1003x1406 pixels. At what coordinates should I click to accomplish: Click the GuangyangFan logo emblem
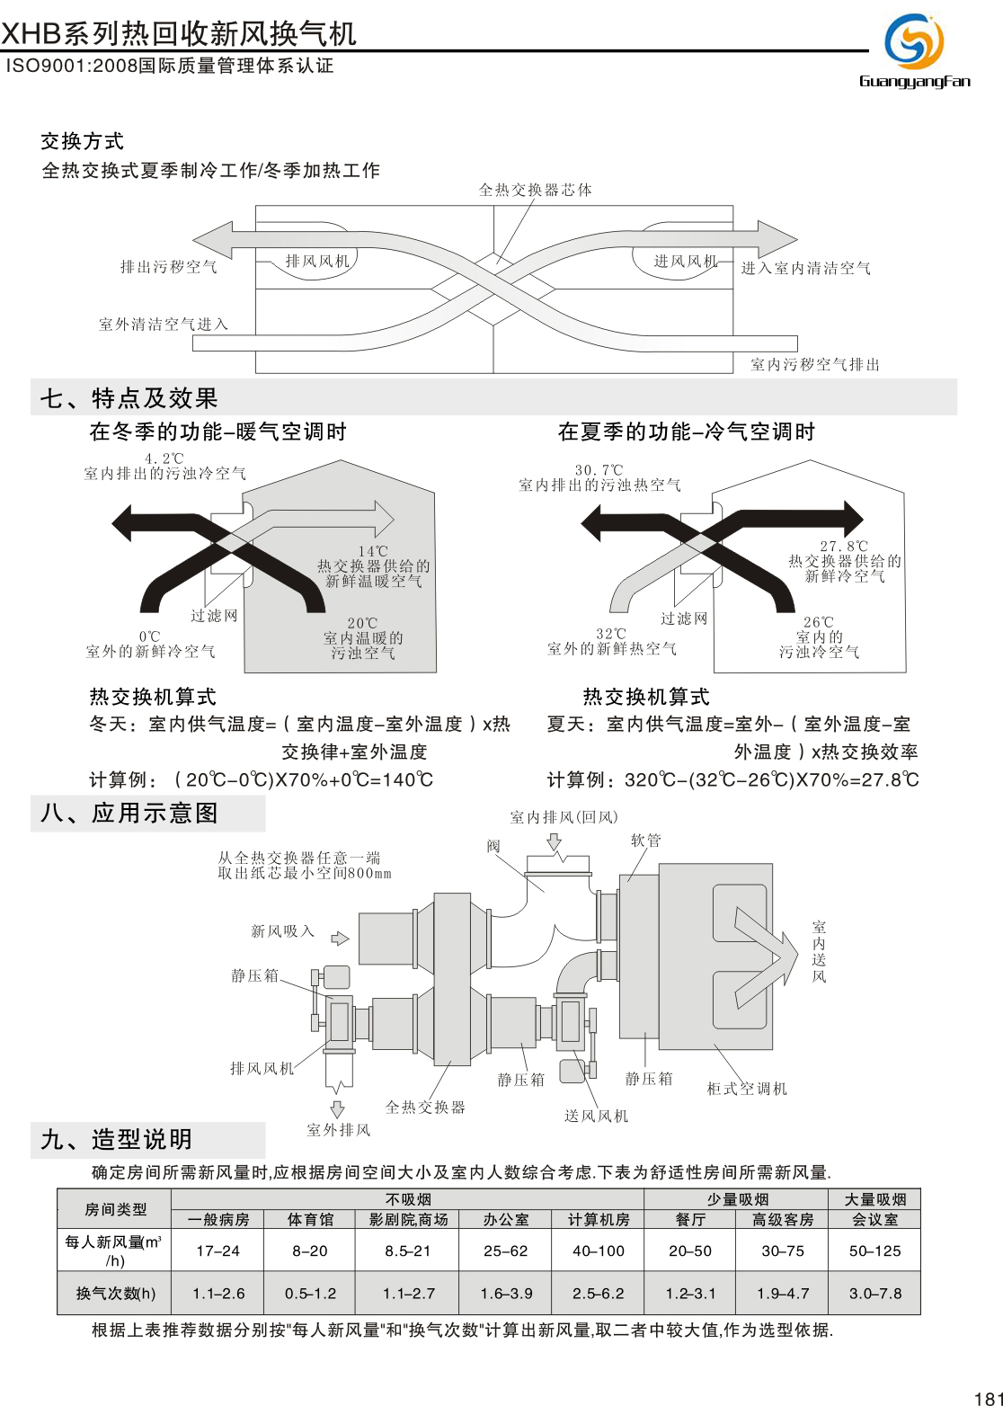914,41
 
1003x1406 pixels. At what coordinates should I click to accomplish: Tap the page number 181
987,1397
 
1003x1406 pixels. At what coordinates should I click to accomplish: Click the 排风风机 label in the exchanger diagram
317,262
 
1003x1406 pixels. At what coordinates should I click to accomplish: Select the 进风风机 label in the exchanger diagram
686,262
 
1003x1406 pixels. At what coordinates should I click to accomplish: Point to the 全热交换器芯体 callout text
535,190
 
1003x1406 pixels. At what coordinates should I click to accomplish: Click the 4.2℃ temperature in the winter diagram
164,458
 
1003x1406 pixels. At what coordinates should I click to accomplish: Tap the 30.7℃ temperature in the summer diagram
599,470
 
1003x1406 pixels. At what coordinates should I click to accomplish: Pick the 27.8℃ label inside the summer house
844,546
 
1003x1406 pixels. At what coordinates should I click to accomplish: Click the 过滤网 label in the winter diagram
214,616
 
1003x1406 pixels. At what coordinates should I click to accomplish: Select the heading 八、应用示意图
129,814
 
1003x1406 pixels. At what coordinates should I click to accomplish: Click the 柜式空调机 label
747,1089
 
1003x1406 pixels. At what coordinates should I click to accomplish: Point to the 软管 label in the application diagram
645,841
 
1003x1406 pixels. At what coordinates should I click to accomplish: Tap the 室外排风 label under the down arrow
339,1130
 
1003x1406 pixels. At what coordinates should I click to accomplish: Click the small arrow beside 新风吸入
340,939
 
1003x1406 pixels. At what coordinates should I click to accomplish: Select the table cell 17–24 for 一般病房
217,1250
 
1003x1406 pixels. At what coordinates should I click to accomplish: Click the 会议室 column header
874,1220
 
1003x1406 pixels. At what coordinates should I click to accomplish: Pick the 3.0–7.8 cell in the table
874,1294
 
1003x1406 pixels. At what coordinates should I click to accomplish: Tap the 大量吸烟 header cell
874,1199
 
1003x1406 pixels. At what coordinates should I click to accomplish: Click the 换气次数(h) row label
115,1294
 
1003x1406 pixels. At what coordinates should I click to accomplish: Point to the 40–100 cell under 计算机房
599,1250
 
